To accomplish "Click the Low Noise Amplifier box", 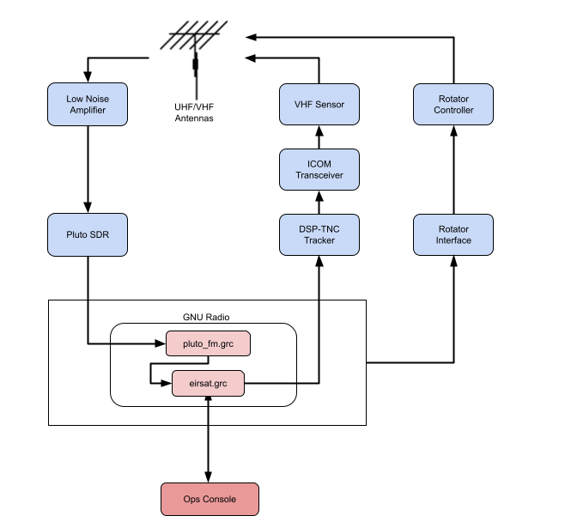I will coord(87,104).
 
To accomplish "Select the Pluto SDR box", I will coord(87,234).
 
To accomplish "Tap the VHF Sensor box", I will coord(319,105).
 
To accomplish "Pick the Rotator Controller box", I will coord(453,105).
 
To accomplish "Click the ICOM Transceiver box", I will coord(319,169).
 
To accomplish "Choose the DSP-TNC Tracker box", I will coord(319,234).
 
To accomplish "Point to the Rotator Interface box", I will coord(453,234).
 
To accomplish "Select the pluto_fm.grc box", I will coord(208,344).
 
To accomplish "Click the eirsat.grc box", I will coord(208,384).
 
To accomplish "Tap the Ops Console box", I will coord(210,499).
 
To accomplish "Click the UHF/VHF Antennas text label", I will coord(194,112).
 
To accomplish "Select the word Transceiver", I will coord(319,175).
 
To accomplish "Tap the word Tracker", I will coord(319,240).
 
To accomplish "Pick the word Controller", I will coord(453,110).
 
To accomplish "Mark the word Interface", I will coord(453,240).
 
